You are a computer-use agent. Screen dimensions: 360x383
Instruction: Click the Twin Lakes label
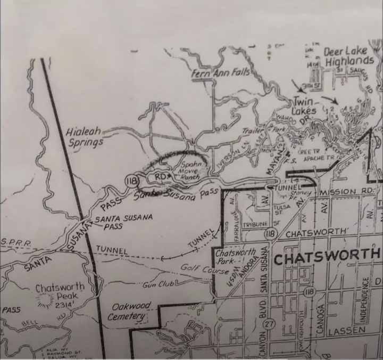(x=306, y=105)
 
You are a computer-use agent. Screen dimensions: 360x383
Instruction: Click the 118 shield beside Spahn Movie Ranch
(x=131, y=181)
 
